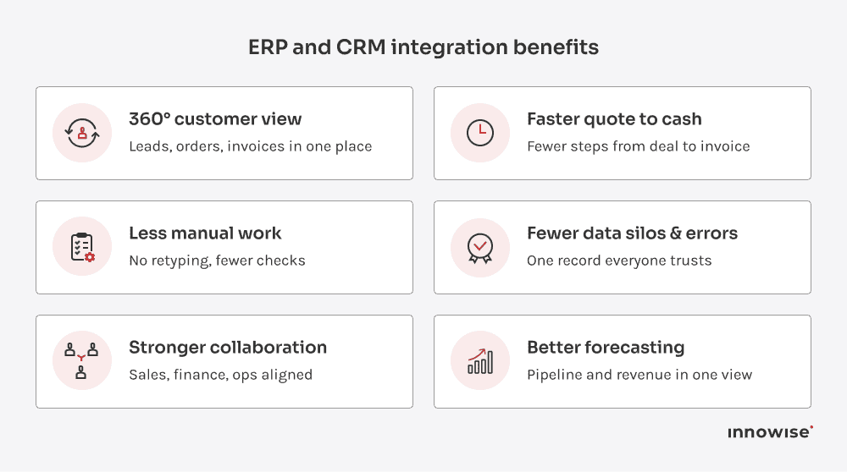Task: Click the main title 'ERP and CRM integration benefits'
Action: coord(423,47)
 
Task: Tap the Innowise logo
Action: coord(770,432)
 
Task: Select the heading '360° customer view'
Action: coord(215,119)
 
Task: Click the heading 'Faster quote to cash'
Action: coord(614,119)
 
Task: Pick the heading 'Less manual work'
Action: coord(205,233)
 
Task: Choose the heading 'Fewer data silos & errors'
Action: coord(632,233)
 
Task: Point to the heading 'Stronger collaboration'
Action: coord(228,348)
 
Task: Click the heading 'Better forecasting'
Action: coord(606,348)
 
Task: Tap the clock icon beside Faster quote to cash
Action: coord(480,133)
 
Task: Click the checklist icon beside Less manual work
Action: coord(82,247)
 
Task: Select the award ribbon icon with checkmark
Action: coord(480,247)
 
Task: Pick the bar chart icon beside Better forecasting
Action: coord(480,361)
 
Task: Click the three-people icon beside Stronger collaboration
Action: coord(82,361)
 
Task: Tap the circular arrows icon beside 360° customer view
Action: coord(82,133)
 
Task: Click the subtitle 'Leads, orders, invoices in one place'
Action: coord(250,146)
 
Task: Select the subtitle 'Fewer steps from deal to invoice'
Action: coord(638,146)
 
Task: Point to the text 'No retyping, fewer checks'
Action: coord(217,261)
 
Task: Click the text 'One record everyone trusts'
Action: coord(619,261)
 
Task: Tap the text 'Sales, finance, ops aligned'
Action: coord(220,375)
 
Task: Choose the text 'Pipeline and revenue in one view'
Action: coord(639,375)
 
